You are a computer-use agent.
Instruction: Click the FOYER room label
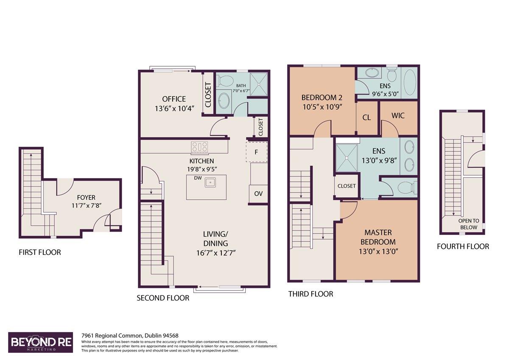click(86, 197)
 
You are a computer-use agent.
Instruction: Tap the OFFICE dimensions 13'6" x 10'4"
click(174, 109)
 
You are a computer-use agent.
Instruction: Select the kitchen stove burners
click(199, 146)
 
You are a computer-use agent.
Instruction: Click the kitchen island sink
click(210, 182)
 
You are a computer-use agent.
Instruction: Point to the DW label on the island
click(198, 178)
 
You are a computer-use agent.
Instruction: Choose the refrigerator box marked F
click(257, 152)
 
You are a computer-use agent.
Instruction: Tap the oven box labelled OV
click(258, 194)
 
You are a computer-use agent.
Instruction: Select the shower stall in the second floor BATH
click(259, 84)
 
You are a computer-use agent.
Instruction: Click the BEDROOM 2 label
click(322, 98)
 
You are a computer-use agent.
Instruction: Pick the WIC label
click(398, 116)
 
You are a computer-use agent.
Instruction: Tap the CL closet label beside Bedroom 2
click(366, 117)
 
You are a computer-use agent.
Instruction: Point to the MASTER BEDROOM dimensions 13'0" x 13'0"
click(378, 251)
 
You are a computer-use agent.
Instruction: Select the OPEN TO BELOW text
click(469, 224)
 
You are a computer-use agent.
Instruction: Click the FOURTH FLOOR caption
click(463, 247)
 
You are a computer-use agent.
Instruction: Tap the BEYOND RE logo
click(41, 343)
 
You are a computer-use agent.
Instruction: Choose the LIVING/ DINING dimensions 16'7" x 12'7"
click(216, 253)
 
